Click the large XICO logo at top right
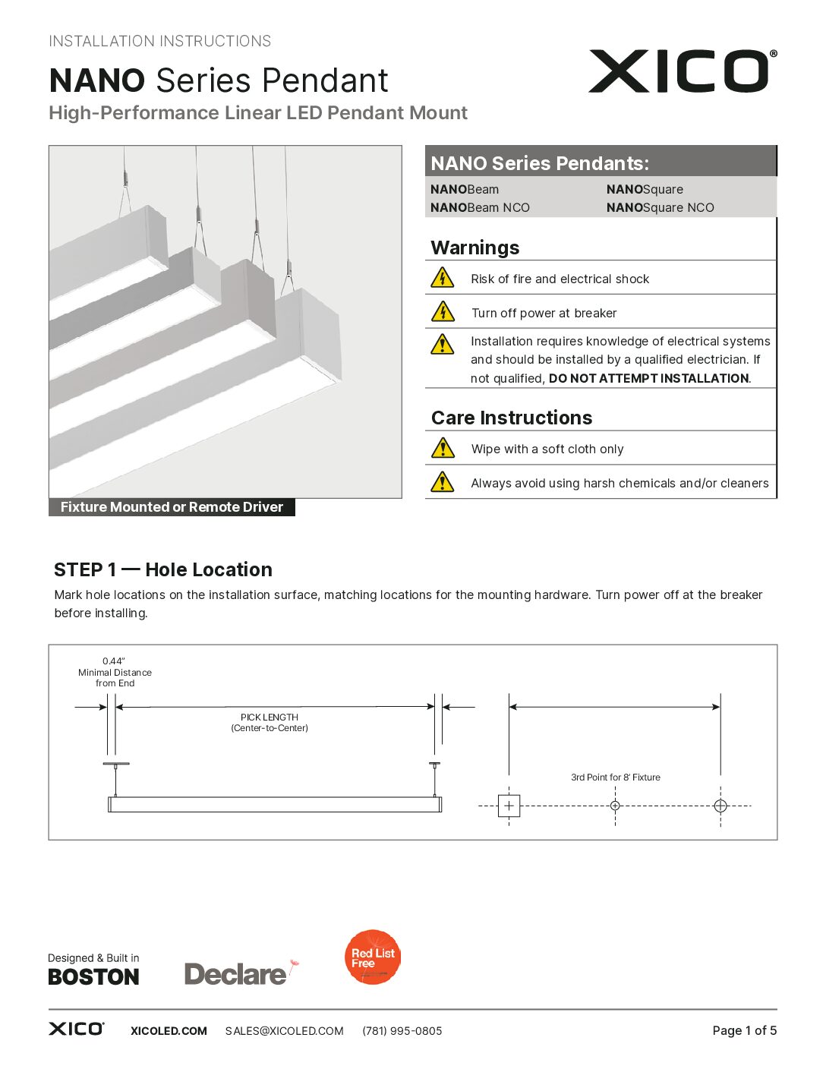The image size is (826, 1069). pyautogui.click(x=682, y=71)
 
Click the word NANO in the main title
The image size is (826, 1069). pyautogui.click(x=97, y=81)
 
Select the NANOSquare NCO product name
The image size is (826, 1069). pyautogui.click(x=660, y=207)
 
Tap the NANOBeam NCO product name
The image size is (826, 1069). pyautogui.click(x=480, y=207)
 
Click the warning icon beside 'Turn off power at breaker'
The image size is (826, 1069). pyautogui.click(x=443, y=312)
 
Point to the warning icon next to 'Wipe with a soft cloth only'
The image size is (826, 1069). pyautogui.click(x=443, y=448)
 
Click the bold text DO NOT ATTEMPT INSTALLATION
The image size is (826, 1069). pyautogui.click(x=648, y=378)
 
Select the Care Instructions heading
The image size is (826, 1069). pyautogui.click(x=511, y=418)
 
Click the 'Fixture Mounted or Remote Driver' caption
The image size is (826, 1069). pyautogui.click(x=172, y=507)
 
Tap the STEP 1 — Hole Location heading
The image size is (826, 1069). pyautogui.click(x=162, y=569)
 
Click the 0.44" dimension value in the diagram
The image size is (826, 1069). pyautogui.click(x=114, y=661)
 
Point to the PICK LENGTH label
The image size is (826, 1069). pyautogui.click(x=270, y=717)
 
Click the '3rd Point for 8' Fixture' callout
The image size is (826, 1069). pyautogui.click(x=615, y=777)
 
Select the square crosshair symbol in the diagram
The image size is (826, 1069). pyautogui.click(x=509, y=806)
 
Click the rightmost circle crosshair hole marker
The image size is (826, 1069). pyautogui.click(x=720, y=806)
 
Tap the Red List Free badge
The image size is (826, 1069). pyautogui.click(x=373, y=957)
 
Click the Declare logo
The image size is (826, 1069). pyautogui.click(x=237, y=973)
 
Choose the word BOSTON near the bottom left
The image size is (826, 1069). pyautogui.click(x=93, y=977)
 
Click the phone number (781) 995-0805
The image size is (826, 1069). pyautogui.click(x=402, y=1031)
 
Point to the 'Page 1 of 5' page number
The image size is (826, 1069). pyautogui.click(x=744, y=1030)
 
